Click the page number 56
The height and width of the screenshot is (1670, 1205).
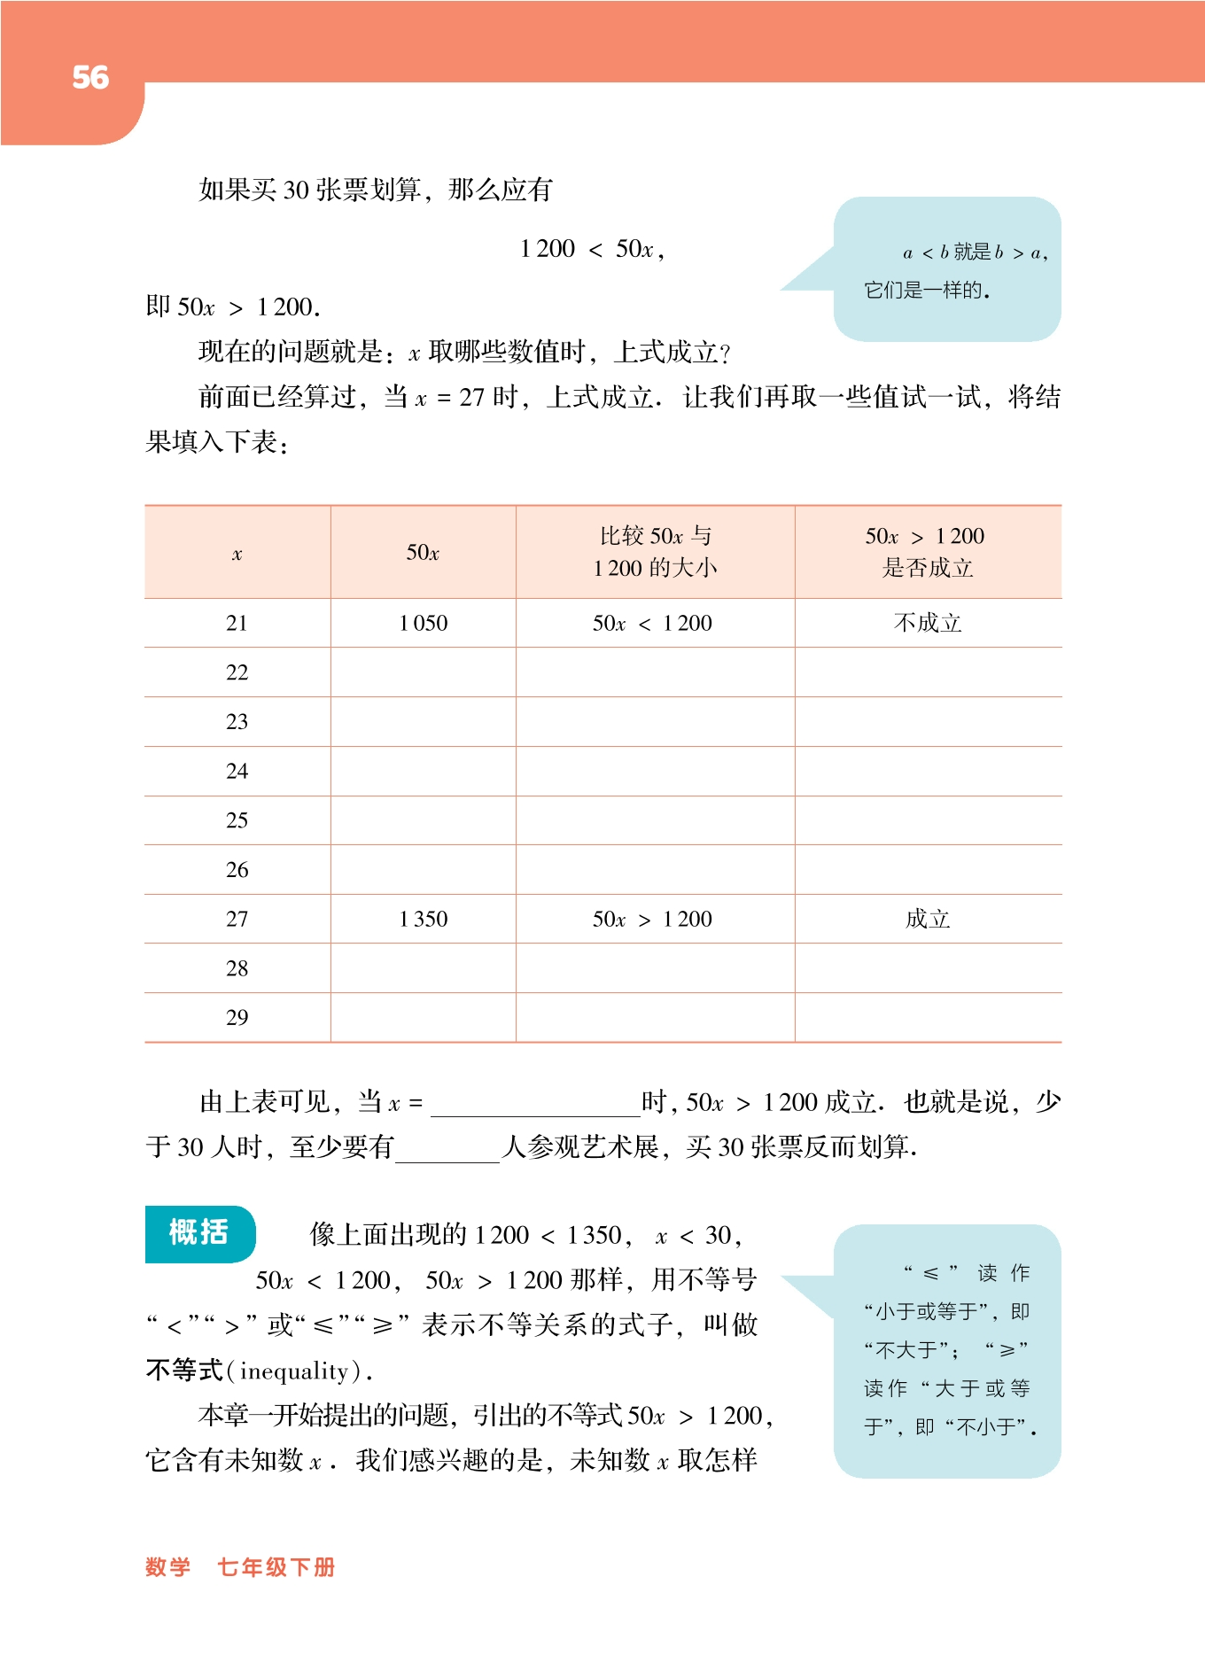(90, 78)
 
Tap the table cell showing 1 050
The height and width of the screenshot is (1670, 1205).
(424, 624)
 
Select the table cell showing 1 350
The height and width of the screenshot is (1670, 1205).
(424, 920)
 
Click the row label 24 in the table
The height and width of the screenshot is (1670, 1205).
(237, 772)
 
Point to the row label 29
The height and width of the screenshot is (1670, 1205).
(237, 1018)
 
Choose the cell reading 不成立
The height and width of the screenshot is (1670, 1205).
(928, 624)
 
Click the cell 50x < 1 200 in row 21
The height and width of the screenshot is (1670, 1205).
(653, 624)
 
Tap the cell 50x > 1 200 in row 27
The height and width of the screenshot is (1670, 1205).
(653, 920)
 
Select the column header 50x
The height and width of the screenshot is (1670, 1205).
(424, 553)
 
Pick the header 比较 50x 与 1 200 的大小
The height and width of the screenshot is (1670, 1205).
(655, 552)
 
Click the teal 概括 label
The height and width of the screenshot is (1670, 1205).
(199, 1232)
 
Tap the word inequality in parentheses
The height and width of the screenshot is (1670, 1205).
(294, 1371)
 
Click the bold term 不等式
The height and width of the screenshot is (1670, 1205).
(184, 1371)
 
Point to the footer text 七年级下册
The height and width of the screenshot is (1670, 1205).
(276, 1567)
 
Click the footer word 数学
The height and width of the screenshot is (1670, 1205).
(167, 1567)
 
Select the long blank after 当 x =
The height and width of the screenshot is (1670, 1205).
(535, 1104)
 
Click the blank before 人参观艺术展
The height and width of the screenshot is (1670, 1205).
(447, 1149)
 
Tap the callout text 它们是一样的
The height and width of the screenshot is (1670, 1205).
(926, 291)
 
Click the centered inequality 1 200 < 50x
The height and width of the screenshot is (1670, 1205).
(591, 250)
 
